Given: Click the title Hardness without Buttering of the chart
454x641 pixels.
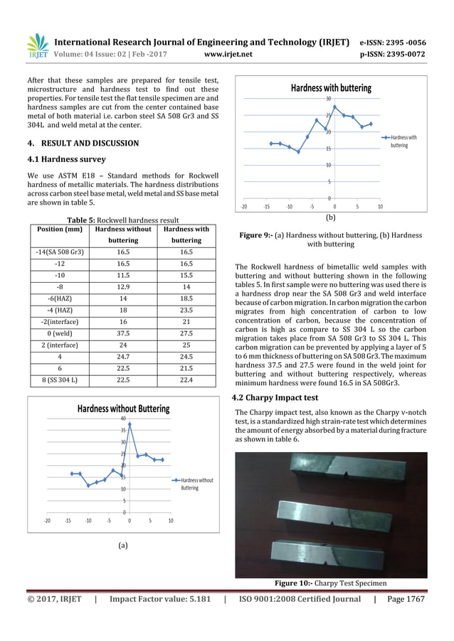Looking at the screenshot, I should (x=124, y=409).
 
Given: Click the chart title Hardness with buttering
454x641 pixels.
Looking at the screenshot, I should (x=331, y=88).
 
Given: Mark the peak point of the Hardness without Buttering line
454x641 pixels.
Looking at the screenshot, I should (x=130, y=424).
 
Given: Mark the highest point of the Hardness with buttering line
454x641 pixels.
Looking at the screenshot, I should (x=334, y=107).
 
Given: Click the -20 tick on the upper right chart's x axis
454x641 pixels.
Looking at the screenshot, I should (x=244, y=207).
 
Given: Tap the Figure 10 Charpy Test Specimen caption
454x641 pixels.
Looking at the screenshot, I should (x=331, y=583).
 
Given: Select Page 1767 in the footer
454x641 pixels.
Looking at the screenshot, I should (x=406, y=599).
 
